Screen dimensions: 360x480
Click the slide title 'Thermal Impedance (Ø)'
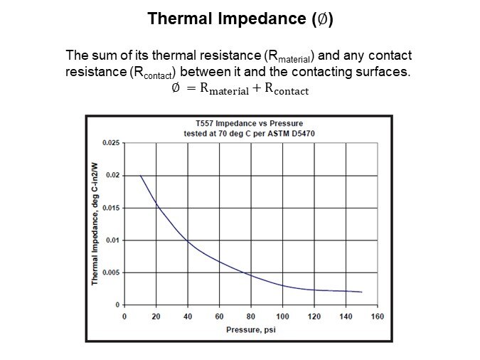tap(240, 19)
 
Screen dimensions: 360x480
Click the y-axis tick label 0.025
tap(110, 143)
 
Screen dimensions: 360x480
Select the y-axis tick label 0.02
tap(112, 175)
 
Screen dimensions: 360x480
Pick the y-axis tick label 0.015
tap(110, 208)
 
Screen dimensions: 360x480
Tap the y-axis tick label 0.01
tap(112, 240)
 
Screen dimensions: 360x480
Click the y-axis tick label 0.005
tap(110, 272)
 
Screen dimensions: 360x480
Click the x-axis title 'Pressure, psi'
tap(250, 329)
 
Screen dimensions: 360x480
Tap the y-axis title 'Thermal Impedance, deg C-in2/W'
tap(95, 224)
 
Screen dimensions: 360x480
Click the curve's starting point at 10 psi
tap(140, 176)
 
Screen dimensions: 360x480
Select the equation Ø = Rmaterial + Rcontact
tap(240, 90)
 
